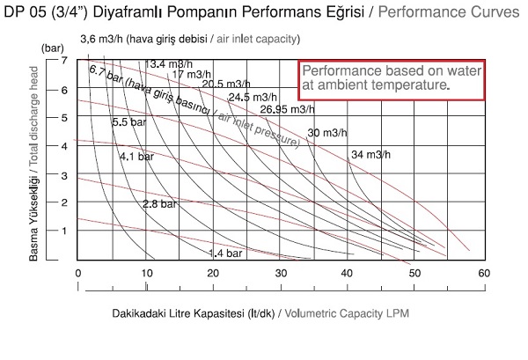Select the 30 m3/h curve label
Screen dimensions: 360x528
pyautogui.click(x=326, y=132)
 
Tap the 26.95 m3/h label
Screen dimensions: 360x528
pyautogui.click(x=287, y=109)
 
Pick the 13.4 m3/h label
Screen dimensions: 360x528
pyautogui.click(x=169, y=63)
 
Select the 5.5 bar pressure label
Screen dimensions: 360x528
pyautogui.click(x=128, y=122)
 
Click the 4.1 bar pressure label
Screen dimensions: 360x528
pyautogui.click(x=137, y=157)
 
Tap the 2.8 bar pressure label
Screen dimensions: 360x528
pyautogui.click(x=159, y=204)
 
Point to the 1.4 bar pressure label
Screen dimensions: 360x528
pyautogui.click(x=224, y=253)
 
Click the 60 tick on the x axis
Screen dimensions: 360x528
pyautogui.click(x=483, y=274)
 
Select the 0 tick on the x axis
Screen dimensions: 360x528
pyautogui.click(x=78, y=274)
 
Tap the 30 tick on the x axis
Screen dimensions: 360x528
pyautogui.click(x=281, y=274)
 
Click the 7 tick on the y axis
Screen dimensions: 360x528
pyautogui.click(x=64, y=59)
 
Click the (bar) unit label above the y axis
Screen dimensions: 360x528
pyautogui.click(x=54, y=44)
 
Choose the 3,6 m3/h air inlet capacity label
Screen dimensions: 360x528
pyautogui.click(x=106, y=40)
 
